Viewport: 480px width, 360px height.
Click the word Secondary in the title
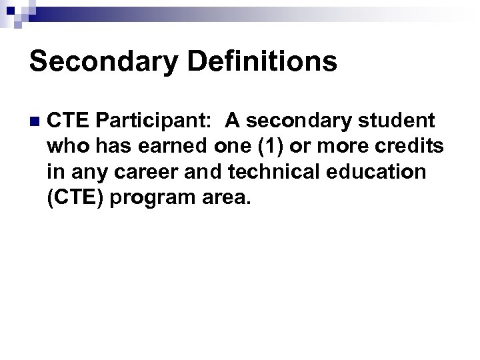pos(103,62)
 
